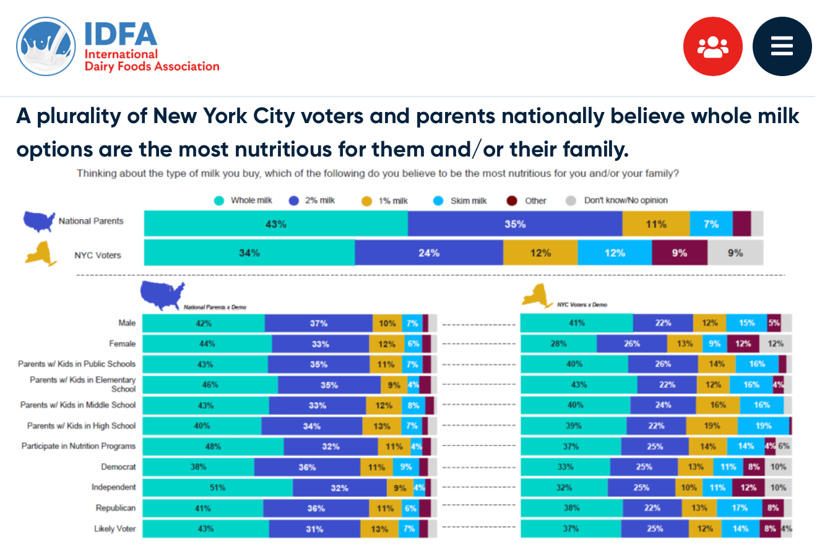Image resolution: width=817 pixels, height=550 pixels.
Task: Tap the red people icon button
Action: coord(712,46)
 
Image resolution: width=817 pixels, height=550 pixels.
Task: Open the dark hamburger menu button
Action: coord(782,46)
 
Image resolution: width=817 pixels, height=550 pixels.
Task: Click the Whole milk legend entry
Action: coord(244,200)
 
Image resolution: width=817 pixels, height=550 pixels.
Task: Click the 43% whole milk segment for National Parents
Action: coord(276,224)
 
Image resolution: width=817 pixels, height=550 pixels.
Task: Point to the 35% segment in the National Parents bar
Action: coord(515,224)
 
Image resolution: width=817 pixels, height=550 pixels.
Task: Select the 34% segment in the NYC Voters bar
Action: coord(249,253)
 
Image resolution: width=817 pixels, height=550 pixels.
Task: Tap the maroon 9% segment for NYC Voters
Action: coord(680,253)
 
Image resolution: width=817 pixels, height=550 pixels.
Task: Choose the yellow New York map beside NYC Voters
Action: coord(41,254)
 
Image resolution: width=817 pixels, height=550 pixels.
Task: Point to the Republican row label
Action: coord(116,508)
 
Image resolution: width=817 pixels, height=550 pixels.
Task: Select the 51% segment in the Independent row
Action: coord(217,488)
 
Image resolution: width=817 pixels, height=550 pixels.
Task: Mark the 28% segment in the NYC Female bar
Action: coord(559,343)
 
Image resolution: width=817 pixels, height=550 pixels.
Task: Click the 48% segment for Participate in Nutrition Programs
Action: coord(213,446)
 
